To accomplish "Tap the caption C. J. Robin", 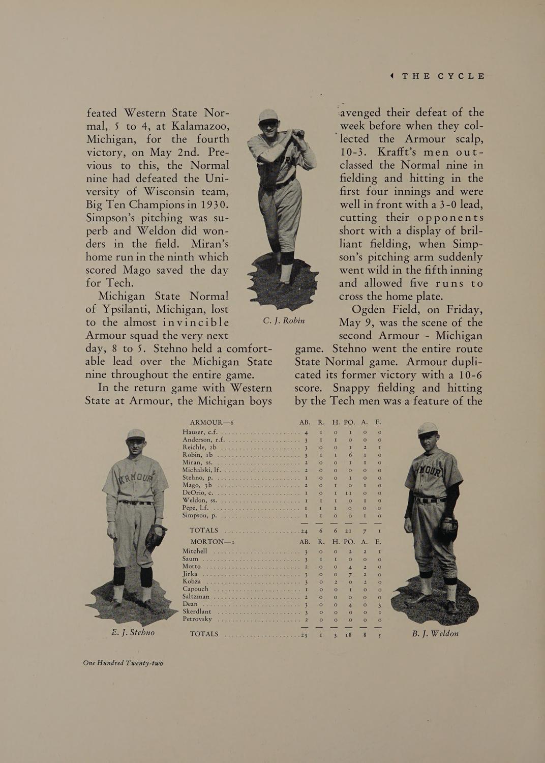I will (284, 320).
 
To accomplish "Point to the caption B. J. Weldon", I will (435, 633).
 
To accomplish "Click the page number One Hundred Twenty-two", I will (124, 663).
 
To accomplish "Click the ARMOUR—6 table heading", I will (211, 422).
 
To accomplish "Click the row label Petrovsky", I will (197, 619).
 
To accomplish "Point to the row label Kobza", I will (193, 581).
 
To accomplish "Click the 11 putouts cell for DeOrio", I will (349, 493).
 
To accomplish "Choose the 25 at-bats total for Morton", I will (304, 634).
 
